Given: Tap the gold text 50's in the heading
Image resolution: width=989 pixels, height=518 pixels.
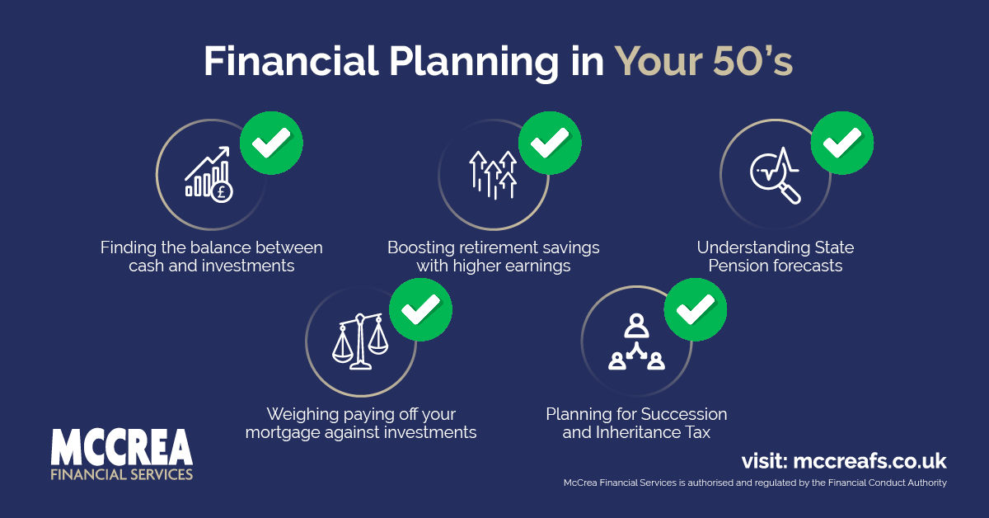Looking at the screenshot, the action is pos(752,61).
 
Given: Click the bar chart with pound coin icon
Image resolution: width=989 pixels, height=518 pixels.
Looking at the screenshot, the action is pos(209,175).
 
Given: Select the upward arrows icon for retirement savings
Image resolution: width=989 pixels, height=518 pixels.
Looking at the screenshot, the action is pos(493,175).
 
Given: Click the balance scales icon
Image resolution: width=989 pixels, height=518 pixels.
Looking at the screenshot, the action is pos(360,341).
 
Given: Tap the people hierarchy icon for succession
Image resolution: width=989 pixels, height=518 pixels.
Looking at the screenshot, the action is pos(636,341).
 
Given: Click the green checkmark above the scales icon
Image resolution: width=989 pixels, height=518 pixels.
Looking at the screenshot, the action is pos(421,309).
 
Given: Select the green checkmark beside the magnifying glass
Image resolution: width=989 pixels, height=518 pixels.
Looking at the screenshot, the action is pos(842,143).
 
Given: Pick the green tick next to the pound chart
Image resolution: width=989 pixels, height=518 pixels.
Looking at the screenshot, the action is pos(271,143).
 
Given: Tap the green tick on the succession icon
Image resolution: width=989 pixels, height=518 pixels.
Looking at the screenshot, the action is pos(696,309).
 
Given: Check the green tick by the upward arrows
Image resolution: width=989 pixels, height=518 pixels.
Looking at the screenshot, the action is pos(550,143).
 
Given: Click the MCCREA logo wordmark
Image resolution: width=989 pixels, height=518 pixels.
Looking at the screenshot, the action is pos(122,446).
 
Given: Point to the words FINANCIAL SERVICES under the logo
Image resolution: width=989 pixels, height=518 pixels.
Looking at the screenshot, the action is pos(122,474).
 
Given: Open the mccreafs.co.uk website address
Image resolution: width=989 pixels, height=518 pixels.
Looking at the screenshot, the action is pos(869,461).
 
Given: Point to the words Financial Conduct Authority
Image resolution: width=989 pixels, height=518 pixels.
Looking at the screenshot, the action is pos(888,483).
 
